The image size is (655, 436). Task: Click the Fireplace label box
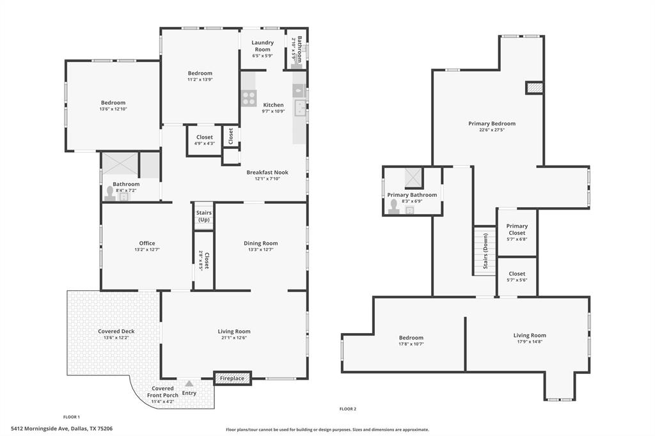(232, 378)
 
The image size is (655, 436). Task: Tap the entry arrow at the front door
(189, 384)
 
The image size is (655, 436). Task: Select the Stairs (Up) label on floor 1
(203, 216)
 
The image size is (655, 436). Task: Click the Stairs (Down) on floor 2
(485, 251)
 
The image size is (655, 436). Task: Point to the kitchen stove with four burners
(248, 98)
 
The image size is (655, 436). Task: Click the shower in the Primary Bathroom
(412, 176)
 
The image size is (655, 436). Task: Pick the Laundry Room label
(262, 46)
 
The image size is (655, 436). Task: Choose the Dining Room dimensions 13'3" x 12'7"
(260, 251)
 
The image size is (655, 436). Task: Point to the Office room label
(147, 243)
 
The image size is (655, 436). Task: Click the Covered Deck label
(116, 331)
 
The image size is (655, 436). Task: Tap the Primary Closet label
(517, 230)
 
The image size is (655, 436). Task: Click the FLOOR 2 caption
(347, 409)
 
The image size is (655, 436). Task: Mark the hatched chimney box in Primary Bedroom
(534, 88)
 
